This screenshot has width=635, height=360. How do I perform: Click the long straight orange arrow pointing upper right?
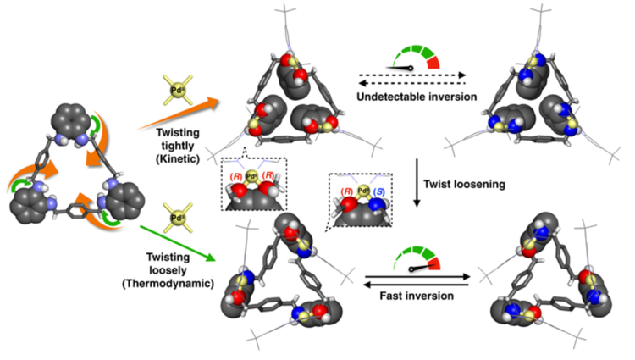click(x=179, y=118)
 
